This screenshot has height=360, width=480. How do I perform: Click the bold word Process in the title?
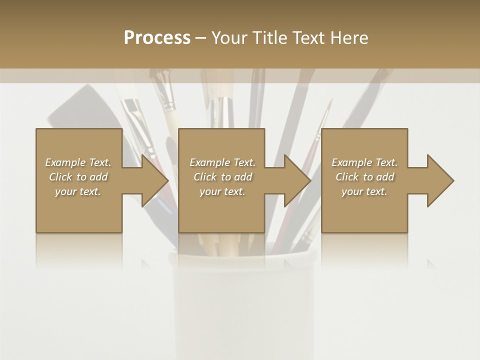(157, 38)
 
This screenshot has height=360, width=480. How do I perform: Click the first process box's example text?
(78, 177)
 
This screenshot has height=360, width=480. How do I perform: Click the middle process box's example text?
(222, 177)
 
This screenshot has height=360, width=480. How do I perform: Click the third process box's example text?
(364, 177)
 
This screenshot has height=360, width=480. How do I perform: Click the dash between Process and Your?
(200, 38)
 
